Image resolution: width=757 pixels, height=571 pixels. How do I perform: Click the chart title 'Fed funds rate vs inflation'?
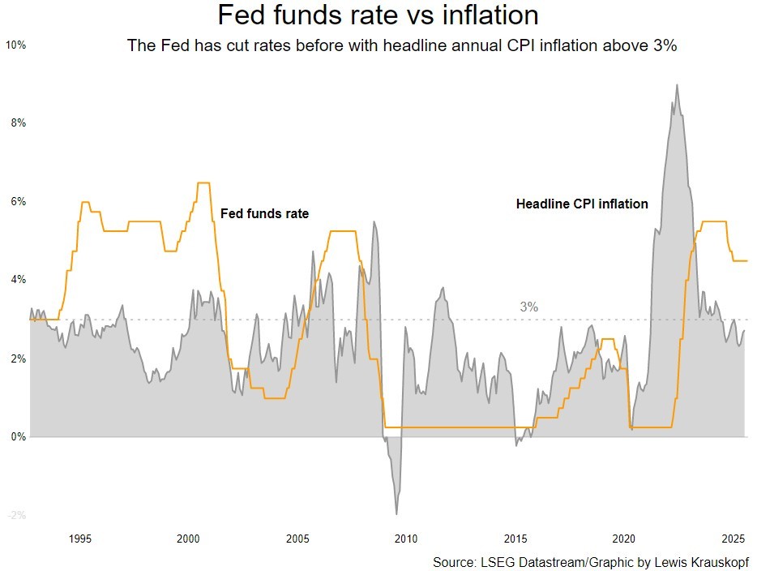tap(378, 15)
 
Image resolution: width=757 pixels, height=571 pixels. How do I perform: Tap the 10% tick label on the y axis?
tap(16, 45)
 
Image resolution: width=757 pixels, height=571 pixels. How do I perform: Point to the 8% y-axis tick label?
tap(19, 123)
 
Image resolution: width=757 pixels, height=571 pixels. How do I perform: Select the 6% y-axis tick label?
tap(19, 202)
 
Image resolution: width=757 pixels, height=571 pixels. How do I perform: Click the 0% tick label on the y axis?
tap(19, 437)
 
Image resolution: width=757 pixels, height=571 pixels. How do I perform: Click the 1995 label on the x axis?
tap(79, 539)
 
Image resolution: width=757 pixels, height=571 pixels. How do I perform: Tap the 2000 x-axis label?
tap(188, 539)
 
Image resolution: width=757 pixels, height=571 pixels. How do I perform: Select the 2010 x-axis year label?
tap(406, 539)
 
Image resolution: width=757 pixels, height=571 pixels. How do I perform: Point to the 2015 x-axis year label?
tap(515, 539)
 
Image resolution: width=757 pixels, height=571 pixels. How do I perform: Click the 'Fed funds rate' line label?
tap(265, 213)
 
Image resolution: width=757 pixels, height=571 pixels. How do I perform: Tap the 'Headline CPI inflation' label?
tap(582, 204)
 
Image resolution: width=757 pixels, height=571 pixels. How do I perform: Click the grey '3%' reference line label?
tap(528, 307)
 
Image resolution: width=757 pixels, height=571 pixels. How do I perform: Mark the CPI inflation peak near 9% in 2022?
tap(677, 85)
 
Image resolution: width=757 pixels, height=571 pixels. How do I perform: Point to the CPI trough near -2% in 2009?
tap(396, 513)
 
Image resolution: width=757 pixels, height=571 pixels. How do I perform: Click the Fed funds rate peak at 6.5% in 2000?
tap(203, 183)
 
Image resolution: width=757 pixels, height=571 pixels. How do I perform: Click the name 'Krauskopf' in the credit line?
tap(719, 562)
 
